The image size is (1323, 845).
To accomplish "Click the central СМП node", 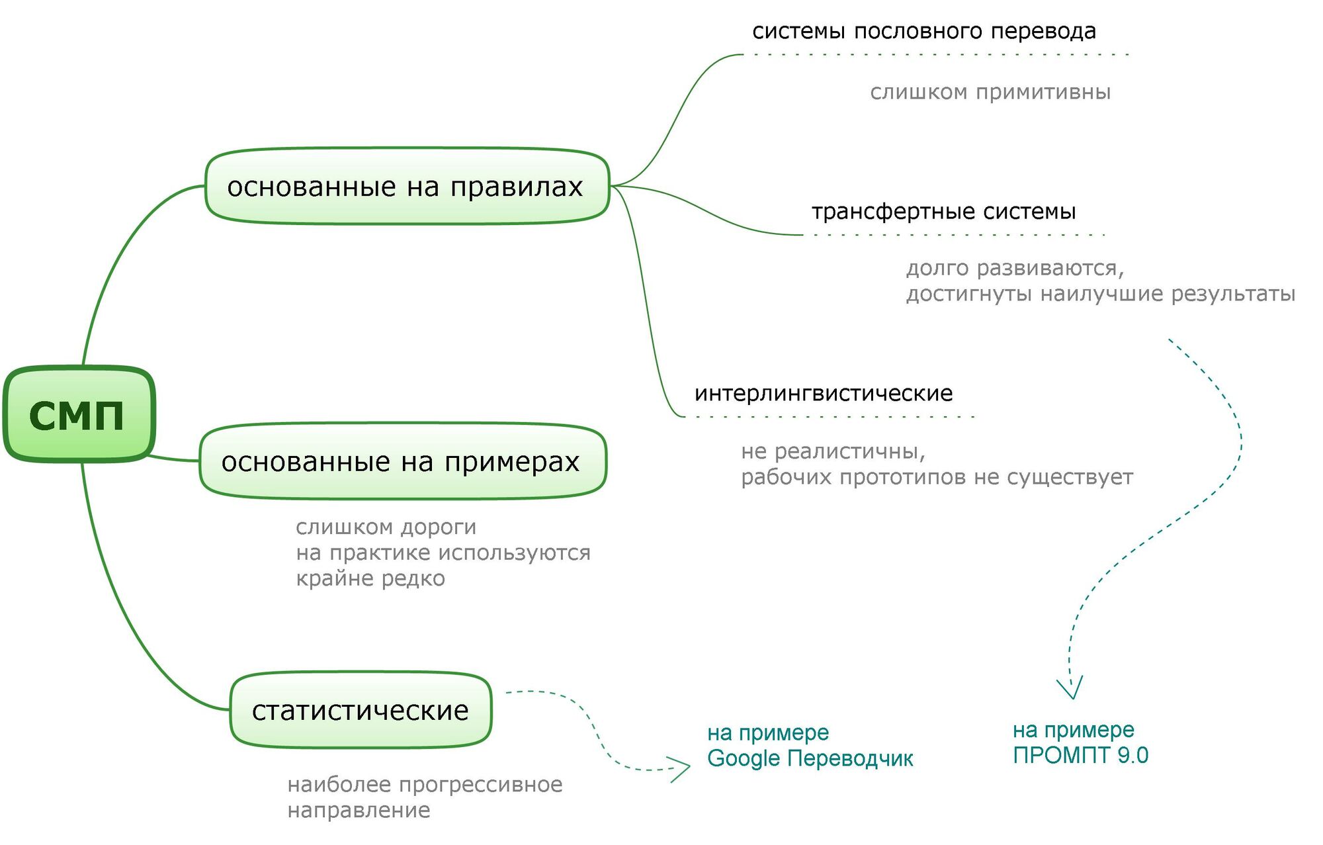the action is click(78, 414).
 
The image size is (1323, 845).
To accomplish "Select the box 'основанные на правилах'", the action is click(406, 187).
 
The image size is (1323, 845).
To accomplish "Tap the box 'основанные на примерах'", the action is click(402, 461).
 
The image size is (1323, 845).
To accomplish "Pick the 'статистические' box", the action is click(361, 710).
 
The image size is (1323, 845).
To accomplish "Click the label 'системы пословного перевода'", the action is click(924, 31).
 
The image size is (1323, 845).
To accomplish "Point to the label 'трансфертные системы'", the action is click(943, 212).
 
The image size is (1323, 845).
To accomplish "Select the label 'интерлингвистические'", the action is click(824, 394).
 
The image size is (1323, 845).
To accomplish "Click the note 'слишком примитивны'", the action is click(990, 92).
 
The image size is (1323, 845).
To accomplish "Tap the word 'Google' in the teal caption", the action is click(744, 758).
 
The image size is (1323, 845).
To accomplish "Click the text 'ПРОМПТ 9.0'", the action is click(1080, 756).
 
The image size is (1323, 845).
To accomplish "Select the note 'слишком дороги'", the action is click(386, 527).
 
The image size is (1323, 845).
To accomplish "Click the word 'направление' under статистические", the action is click(359, 811).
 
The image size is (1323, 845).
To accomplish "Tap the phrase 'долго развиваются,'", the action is click(1015, 269).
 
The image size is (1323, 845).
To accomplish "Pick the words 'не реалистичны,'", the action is click(833, 452).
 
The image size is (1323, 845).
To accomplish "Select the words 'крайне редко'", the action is click(370, 579).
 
